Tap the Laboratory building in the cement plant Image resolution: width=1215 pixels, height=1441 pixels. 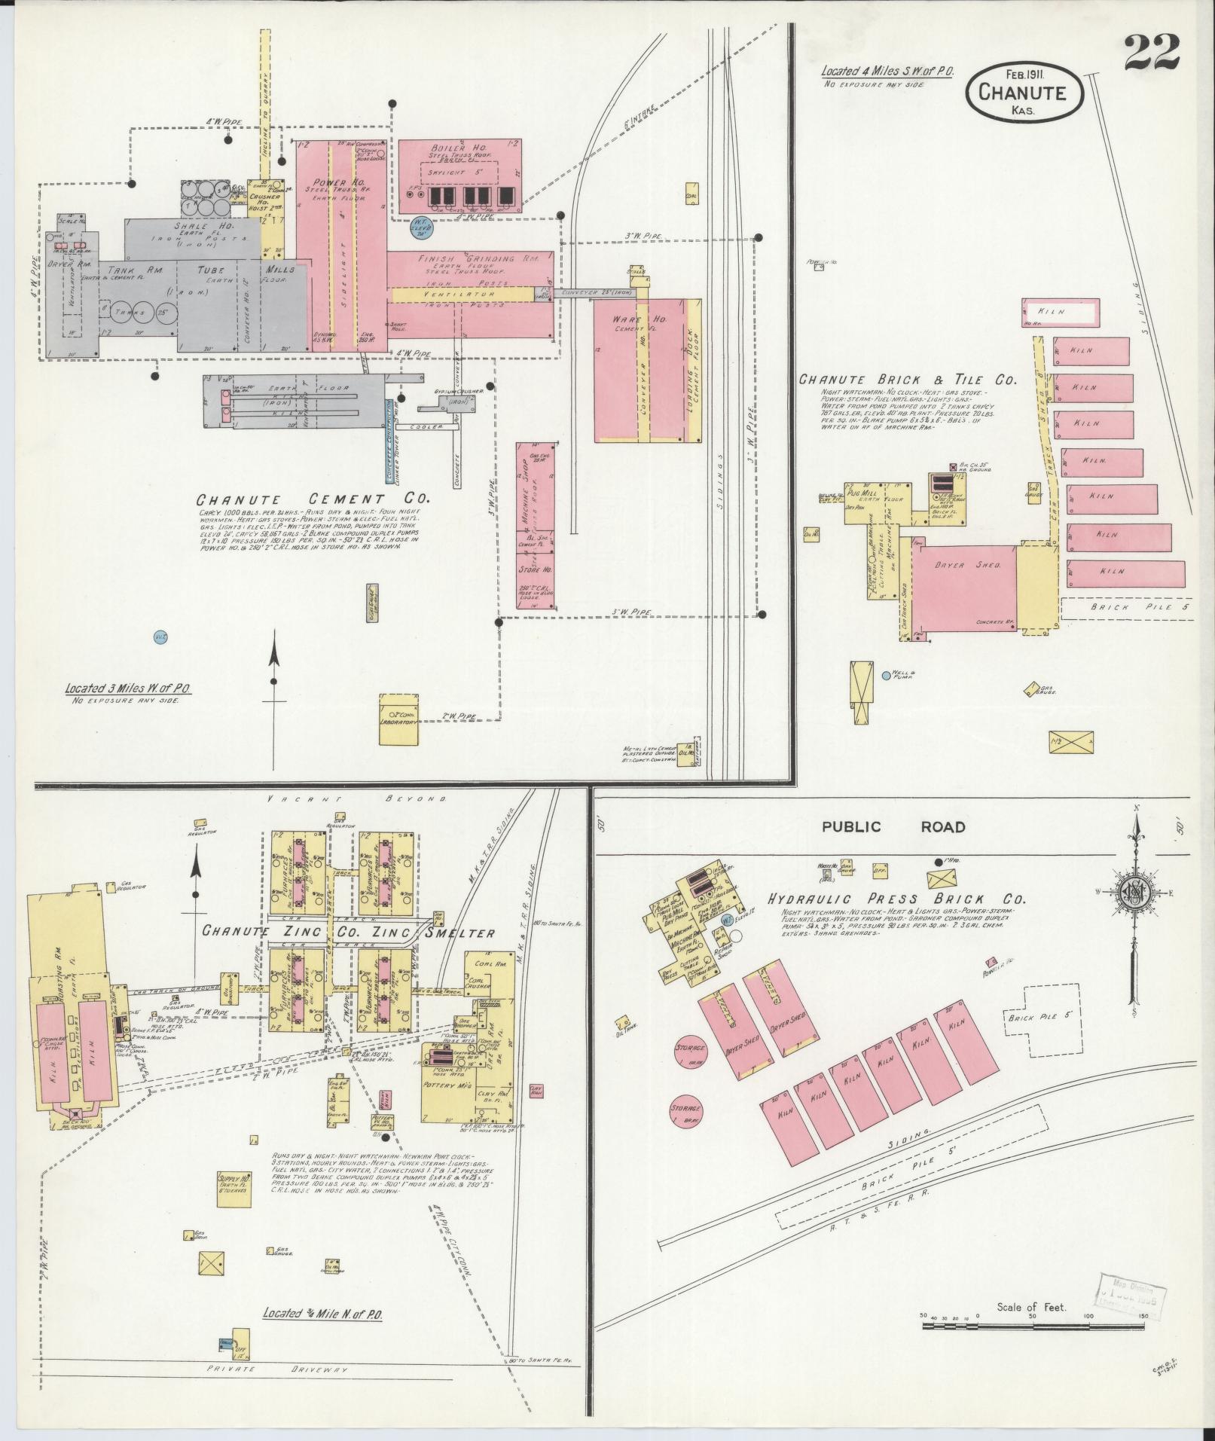pos(398,720)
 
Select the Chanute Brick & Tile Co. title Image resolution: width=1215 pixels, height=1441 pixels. pos(908,380)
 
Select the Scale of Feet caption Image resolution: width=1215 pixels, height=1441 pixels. pos(1030,1307)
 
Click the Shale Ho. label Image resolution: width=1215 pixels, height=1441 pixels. pos(194,224)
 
